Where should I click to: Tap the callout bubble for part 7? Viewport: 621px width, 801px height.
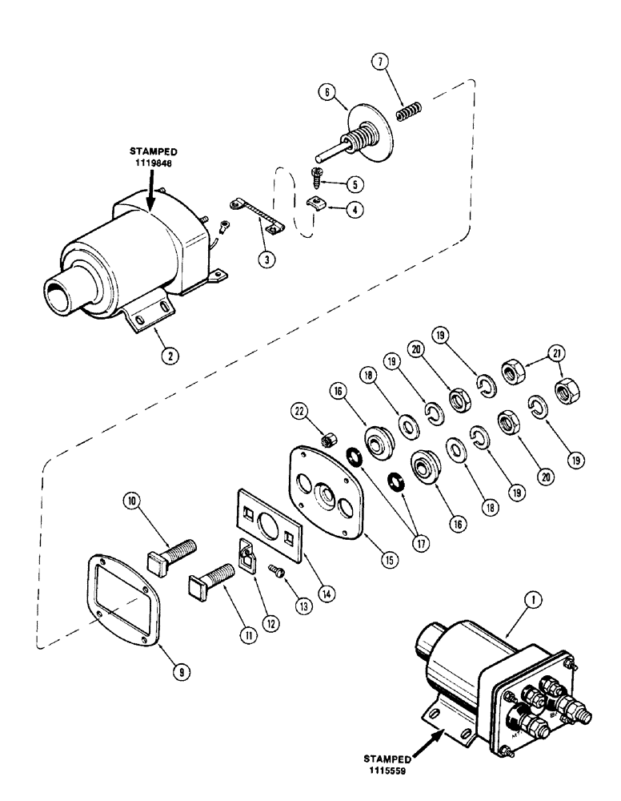(x=380, y=62)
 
